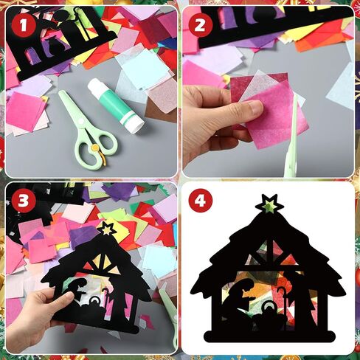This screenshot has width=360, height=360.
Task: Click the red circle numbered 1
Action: click(24, 25)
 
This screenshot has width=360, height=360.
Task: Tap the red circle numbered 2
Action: click(201, 24)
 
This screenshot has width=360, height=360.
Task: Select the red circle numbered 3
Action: click(24, 201)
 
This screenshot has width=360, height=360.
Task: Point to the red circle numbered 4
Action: click(201, 201)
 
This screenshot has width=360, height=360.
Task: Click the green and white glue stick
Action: click(115, 106)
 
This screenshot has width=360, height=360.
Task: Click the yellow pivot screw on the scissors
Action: click(94, 148)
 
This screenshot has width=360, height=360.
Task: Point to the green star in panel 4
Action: click(269, 206)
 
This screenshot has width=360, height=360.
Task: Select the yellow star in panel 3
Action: click(107, 229)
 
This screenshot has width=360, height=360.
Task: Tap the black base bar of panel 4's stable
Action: click(270, 336)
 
